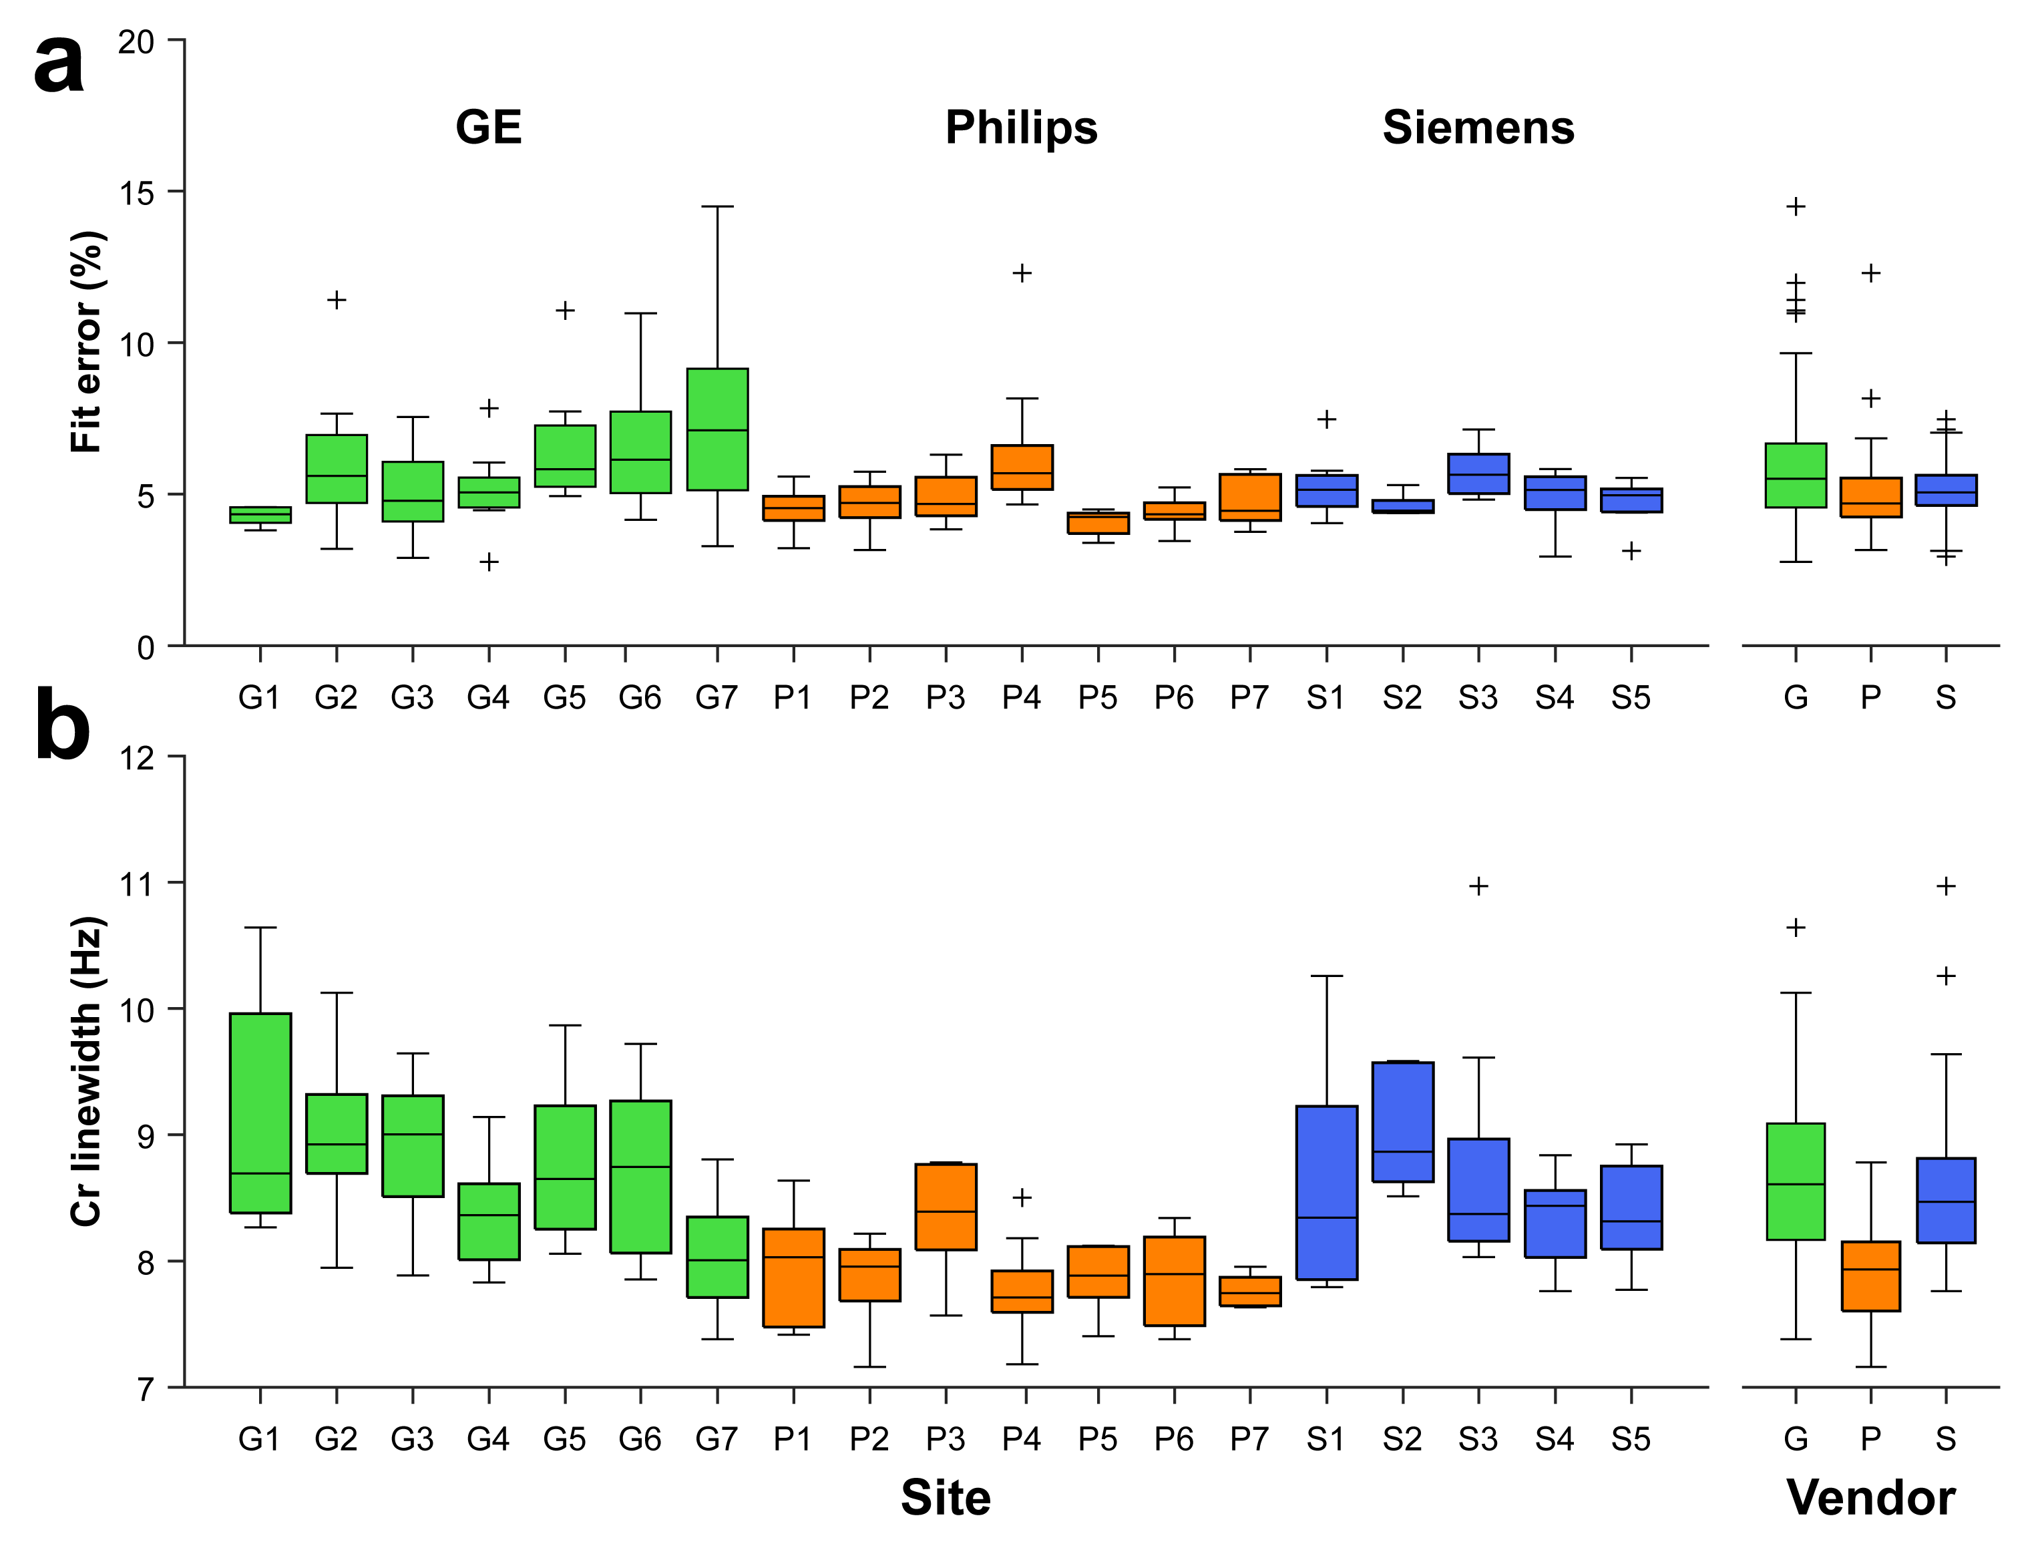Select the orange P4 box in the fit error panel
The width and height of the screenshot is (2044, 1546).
click(x=1021, y=467)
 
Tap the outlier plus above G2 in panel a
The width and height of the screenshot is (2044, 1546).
click(x=337, y=299)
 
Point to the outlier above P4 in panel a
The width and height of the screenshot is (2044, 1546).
click(x=1021, y=272)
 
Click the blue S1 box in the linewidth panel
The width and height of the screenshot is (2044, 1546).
click(x=1326, y=1192)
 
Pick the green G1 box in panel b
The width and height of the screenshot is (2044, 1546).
click(x=260, y=1113)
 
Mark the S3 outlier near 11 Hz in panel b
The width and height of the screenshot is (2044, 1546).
click(x=1478, y=886)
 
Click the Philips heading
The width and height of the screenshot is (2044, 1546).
click(x=1021, y=127)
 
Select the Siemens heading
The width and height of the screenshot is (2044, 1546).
click(x=1478, y=127)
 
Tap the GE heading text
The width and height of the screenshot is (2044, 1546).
click(x=489, y=127)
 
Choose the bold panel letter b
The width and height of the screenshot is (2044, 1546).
click(x=62, y=727)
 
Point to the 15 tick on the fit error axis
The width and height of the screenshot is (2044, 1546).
click(x=136, y=193)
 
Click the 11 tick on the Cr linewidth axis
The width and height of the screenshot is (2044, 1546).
click(x=136, y=884)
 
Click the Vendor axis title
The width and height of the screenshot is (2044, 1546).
click(x=1870, y=1497)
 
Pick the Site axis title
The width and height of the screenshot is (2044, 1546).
click(x=946, y=1497)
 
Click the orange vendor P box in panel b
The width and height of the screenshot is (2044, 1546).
click(x=1870, y=1276)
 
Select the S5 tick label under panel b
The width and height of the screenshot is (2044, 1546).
click(x=1631, y=1438)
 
